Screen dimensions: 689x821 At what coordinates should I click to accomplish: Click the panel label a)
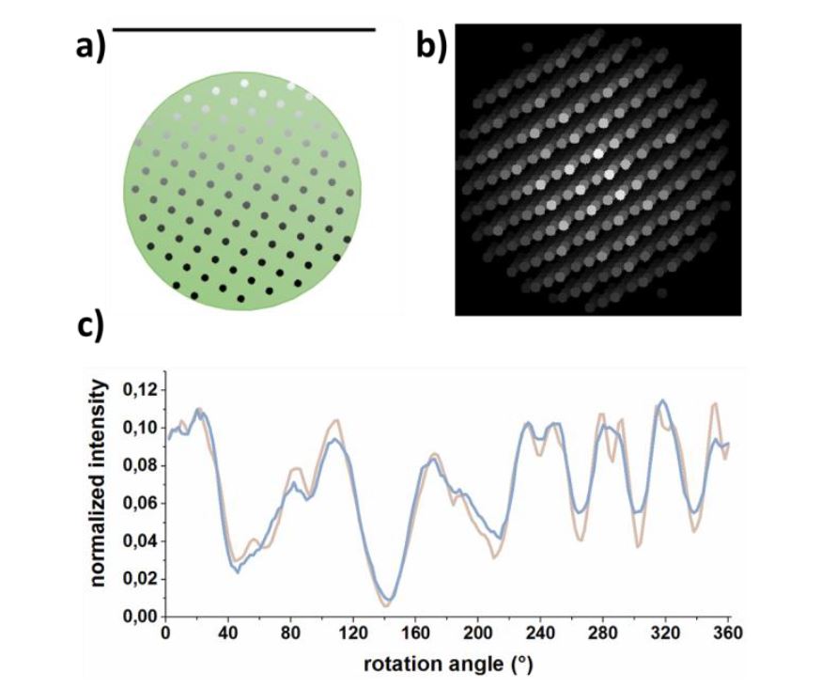point(91,45)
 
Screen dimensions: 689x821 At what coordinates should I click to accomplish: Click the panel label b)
point(431,45)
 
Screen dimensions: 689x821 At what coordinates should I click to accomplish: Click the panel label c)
point(91,331)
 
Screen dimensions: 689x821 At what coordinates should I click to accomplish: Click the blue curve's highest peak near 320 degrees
point(664,401)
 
